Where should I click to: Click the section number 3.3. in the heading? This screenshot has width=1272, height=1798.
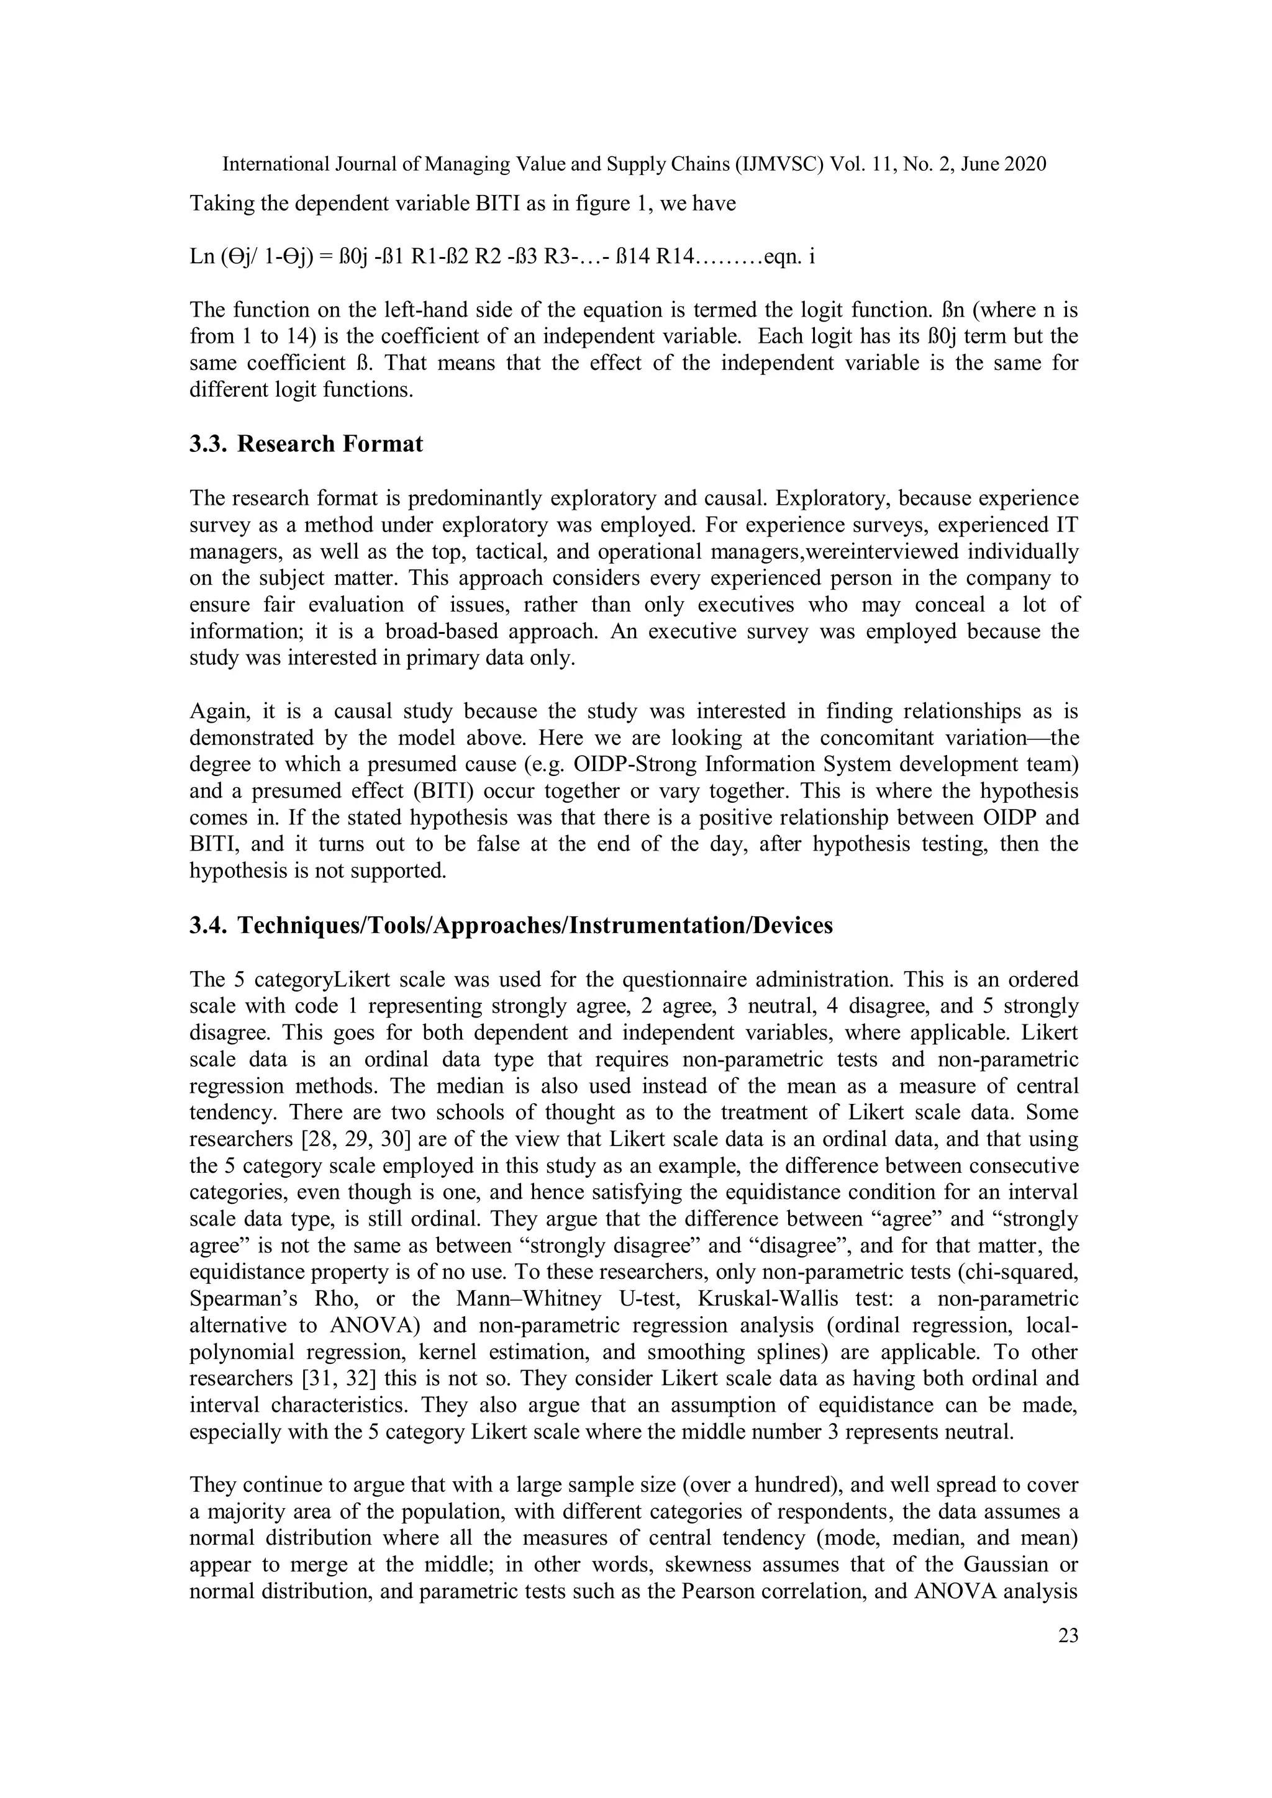click(208, 444)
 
